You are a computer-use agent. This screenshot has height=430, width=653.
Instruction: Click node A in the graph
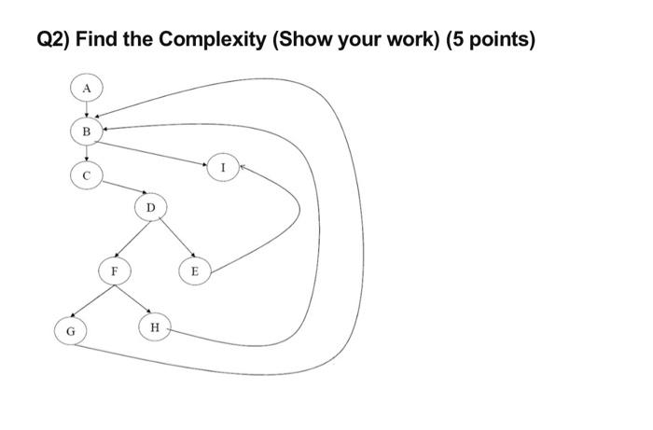tap(87, 87)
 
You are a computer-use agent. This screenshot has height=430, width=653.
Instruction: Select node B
tap(87, 132)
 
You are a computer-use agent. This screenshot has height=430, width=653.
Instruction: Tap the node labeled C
tap(87, 174)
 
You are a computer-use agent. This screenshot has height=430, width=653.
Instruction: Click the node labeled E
tap(194, 271)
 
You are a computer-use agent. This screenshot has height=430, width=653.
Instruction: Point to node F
tap(115, 271)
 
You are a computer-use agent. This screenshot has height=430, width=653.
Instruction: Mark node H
tap(155, 327)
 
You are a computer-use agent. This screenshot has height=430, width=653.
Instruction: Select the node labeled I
tap(222, 168)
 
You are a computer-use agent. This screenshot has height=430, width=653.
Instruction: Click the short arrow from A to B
tap(87, 109)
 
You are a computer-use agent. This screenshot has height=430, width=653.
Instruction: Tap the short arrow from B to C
tap(87, 153)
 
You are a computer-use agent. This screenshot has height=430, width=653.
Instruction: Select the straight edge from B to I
tap(154, 149)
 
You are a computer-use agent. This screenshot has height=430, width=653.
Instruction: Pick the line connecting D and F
tap(133, 238)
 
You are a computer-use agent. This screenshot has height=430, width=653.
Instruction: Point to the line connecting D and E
tap(174, 238)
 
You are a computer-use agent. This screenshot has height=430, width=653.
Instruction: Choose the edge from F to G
tap(91, 300)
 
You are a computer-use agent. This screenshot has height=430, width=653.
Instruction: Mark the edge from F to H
tap(134, 299)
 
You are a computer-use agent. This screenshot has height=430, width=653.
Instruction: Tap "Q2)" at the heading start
tap(53, 40)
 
